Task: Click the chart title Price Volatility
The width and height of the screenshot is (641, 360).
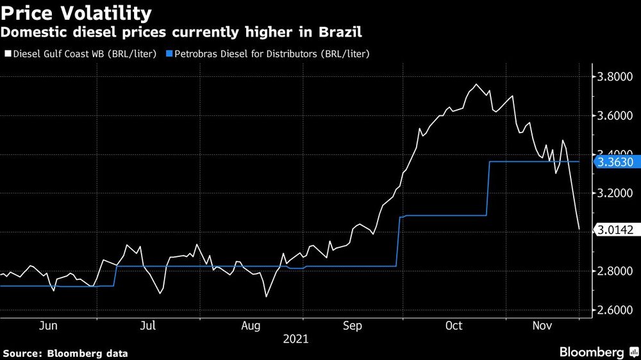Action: (x=77, y=13)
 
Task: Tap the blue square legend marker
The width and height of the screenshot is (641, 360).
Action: (x=170, y=54)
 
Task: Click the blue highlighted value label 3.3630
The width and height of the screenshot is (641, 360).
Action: (x=615, y=162)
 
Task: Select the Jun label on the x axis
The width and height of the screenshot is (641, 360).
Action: (x=49, y=326)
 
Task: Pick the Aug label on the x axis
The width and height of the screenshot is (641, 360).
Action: (x=250, y=326)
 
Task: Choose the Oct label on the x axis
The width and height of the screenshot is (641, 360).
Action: (x=454, y=326)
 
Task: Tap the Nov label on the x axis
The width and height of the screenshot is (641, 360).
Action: (x=543, y=326)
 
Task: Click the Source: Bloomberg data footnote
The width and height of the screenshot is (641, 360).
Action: (x=65, y=353)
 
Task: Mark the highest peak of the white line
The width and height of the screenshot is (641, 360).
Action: (x=476, y=85)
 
